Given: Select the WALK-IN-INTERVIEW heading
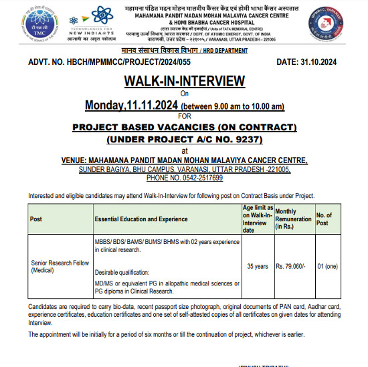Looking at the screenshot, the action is coord(183,82).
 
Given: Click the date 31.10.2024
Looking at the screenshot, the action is coord(326,62).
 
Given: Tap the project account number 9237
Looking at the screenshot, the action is coord(245,139).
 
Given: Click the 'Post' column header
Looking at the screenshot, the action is coord(37,219).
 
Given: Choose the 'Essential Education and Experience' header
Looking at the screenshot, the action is coord(140,219).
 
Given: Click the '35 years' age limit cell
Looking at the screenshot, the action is coord(258,266).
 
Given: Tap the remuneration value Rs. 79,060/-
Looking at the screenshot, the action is coord(291,266).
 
